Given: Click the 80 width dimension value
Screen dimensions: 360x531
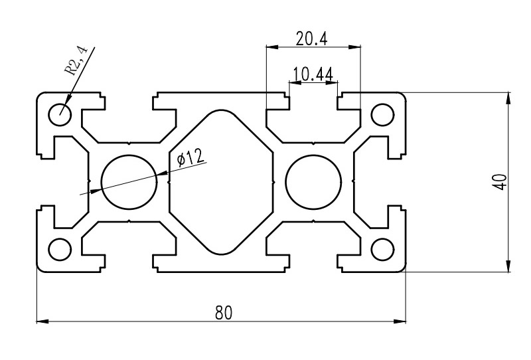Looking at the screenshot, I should point(223,312).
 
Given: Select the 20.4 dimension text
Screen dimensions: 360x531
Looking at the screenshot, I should point(312,39).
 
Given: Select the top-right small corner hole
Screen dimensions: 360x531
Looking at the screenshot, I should point(382,114).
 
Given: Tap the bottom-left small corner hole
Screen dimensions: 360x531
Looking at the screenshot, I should point(60,249).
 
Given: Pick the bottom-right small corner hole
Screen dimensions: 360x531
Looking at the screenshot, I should point(382,249).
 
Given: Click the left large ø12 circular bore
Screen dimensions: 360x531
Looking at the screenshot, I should point(130,182).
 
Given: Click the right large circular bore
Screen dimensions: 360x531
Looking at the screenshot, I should point(312,182).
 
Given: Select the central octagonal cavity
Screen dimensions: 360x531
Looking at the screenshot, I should point(221,182).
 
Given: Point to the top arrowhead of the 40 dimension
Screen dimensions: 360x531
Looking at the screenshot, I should point(508,97).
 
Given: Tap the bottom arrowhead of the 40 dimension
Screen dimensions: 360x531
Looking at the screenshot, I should point(508,267).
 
